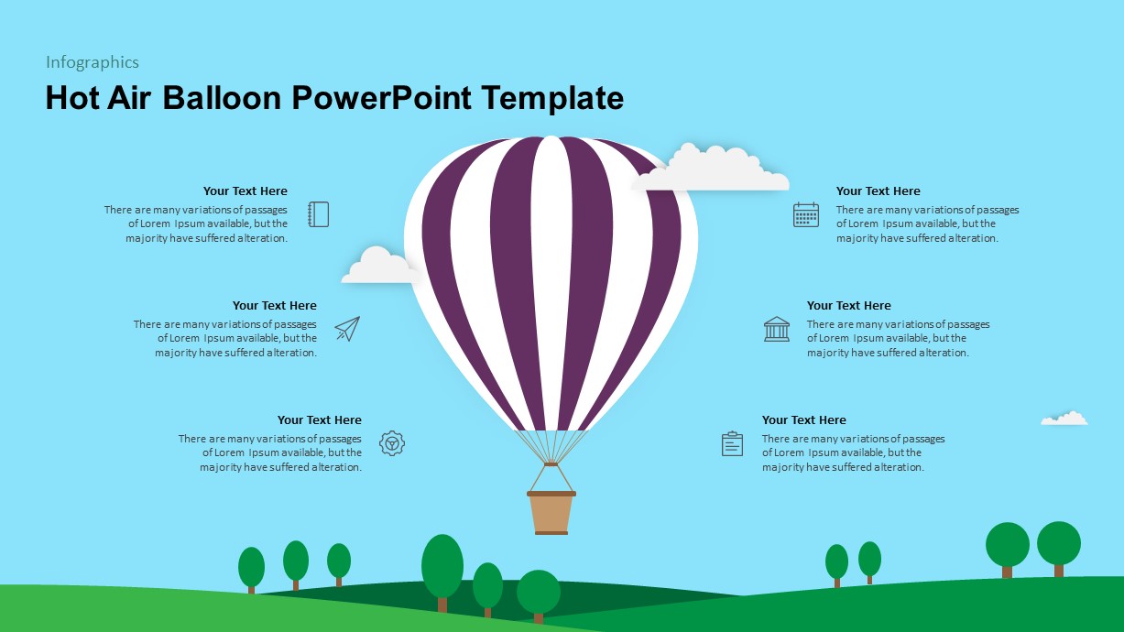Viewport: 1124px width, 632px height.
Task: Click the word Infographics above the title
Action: [x=93, y=62]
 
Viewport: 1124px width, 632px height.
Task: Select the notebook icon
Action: [x=318, y=214]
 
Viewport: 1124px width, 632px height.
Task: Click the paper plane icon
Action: [x=347, y=329]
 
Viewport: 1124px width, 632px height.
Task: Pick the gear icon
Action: [x=392, y=443]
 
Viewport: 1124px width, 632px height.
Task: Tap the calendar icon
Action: [x=806, y=214]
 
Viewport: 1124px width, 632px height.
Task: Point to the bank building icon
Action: [x=777, y=329]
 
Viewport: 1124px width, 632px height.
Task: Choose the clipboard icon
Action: [x=732, y=443]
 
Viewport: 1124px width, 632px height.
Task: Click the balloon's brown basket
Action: [x=551, y=512]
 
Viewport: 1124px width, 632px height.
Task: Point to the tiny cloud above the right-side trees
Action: [x=1064, y=419]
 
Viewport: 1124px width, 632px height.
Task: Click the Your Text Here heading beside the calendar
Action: [x=878, y=191]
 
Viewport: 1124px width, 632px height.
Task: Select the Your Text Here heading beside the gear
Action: [x=320, y=420]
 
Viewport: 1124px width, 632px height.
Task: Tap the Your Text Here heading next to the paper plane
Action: [x=274, y=306]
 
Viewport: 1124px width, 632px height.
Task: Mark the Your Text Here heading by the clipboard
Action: [x=803, y=420]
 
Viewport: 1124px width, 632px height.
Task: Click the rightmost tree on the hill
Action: [x=1059, y=545]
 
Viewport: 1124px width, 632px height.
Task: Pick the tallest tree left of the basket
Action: [x=442, y=568]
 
